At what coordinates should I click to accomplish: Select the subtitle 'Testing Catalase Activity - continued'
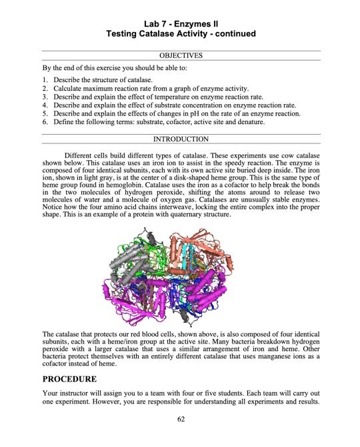(181, 33)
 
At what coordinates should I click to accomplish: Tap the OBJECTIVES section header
(181, 55)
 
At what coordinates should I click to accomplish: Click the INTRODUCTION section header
(181, 139)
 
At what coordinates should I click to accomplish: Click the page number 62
(181, 419)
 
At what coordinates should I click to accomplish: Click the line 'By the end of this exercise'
(114, 68)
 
